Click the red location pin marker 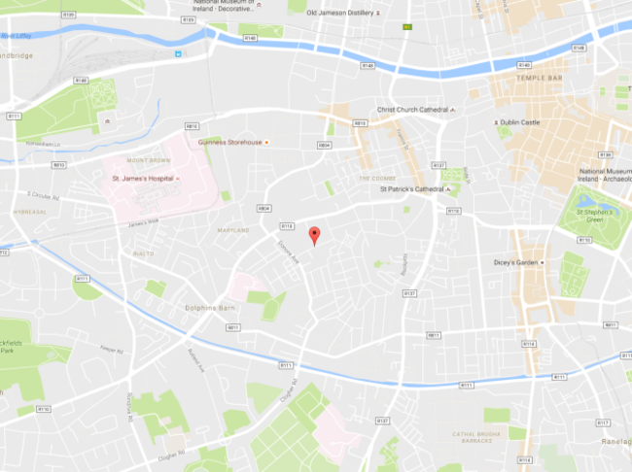click(313, 234)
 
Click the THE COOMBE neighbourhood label click(374, 178)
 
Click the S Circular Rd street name click(44, 197)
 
